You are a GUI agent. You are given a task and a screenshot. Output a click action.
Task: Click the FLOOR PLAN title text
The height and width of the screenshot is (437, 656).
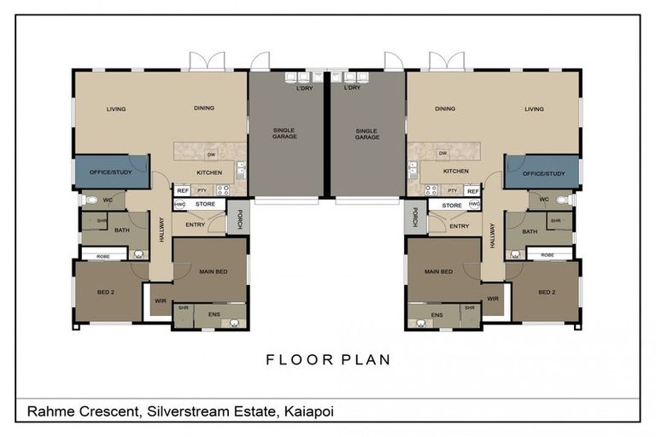[x=328, y=359]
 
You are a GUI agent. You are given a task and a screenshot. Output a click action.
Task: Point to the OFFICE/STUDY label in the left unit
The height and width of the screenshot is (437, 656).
[x=112, y=172]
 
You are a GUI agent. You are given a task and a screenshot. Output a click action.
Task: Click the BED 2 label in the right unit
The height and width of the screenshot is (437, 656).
[x=547, y=292]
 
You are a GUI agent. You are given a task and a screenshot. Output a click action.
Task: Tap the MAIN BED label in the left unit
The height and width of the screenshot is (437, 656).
[x=214, y=271]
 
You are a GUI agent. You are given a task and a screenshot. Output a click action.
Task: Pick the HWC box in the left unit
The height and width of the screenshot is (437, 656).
[x=180, y=205]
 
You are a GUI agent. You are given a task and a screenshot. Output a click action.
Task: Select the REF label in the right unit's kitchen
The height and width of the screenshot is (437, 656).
[x=471, y=191]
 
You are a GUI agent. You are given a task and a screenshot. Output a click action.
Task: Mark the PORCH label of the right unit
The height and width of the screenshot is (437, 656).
[x=414, y=218]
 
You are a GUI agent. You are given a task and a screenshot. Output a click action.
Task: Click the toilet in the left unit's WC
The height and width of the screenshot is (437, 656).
[x=91, y=201]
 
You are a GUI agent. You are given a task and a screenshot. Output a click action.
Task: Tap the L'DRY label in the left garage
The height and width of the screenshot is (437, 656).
[x=303, y=88]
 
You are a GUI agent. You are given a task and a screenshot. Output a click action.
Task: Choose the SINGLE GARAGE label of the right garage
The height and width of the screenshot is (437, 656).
[x=366, y=133]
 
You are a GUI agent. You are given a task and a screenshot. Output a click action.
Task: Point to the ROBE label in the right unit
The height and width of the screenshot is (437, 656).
[x=547, y=254]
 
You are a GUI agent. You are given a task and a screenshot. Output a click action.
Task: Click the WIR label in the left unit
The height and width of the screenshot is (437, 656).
[x=161, y=300]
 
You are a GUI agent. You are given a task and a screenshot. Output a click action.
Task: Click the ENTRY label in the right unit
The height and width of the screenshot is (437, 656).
[x=459, y=226]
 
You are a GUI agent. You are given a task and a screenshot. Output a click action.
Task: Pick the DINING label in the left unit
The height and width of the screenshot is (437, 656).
[x=203, y=108]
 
